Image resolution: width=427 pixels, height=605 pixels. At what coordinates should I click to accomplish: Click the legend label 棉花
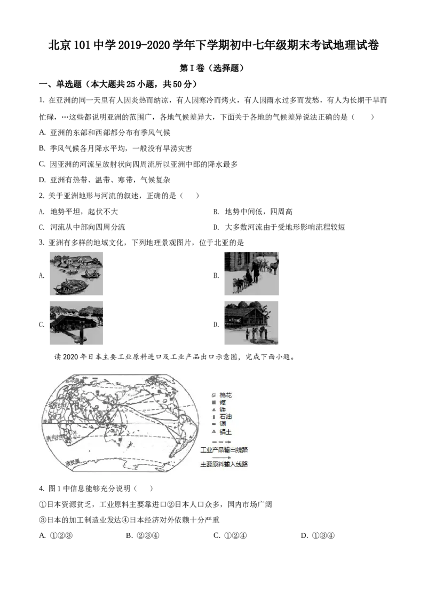click(225, 395)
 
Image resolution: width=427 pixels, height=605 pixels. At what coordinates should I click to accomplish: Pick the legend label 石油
click(225, 416)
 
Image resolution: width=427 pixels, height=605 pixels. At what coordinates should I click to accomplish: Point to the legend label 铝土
click(225, 431)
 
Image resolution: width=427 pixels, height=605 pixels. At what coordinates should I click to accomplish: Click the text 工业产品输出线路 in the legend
click(224, 450)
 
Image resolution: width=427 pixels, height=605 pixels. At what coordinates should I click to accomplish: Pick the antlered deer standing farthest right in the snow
click(274, 266)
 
